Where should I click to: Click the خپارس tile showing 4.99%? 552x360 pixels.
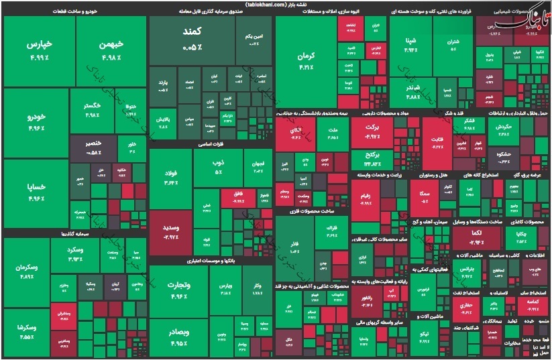39,50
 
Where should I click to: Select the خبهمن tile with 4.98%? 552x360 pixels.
110,48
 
